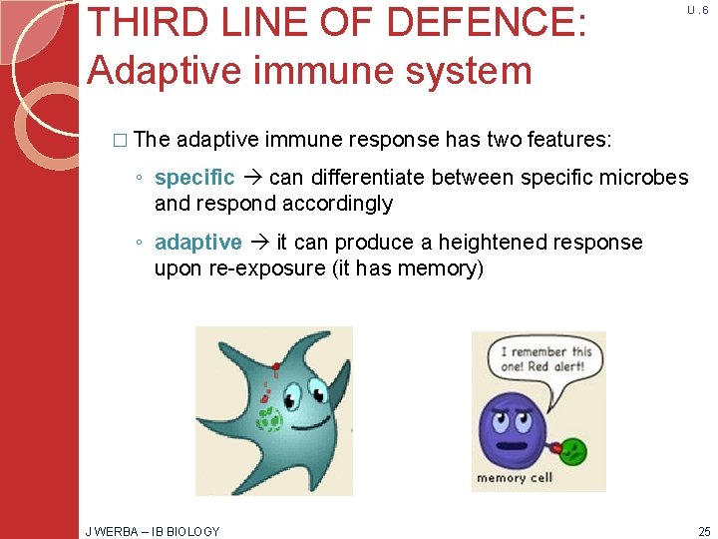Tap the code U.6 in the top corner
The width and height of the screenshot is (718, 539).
tap(697, 10)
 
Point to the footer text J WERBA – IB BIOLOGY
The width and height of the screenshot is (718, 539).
tap(153, 531)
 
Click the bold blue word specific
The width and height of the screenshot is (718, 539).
tap(194, 178)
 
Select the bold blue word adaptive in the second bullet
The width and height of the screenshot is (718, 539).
tap(197, 243)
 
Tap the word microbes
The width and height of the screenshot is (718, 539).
tap(648, 178)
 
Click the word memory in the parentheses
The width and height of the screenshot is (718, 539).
tap(438, 269)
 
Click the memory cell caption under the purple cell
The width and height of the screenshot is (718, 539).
tap(515, 478)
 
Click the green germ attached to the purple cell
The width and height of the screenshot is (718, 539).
tap(573, 450)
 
